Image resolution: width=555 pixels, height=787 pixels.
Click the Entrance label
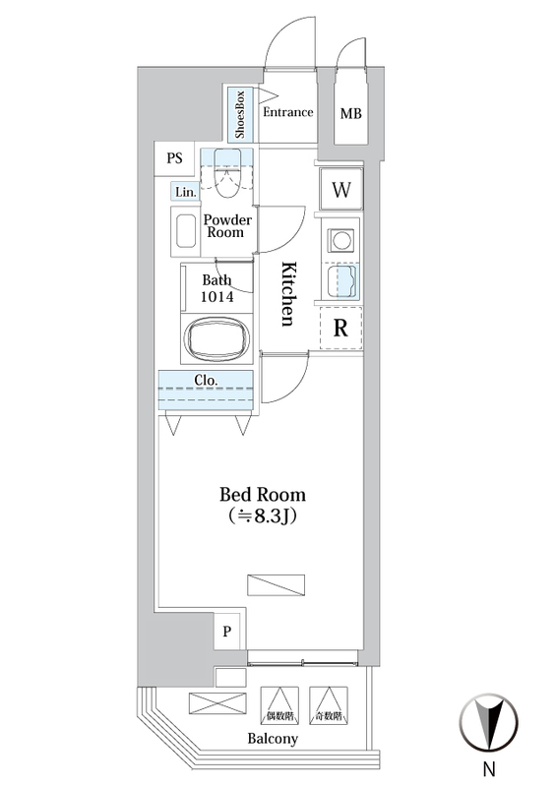tap(287, 112)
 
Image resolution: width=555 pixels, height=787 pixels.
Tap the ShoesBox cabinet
tap(239, 114)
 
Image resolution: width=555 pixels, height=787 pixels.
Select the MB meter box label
tap(350, 114)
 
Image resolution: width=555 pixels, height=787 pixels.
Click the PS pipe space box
tap(174, 158)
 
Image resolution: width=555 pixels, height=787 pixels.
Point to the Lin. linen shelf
tap(185, 192)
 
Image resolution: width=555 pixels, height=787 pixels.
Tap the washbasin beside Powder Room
tap(185, 231)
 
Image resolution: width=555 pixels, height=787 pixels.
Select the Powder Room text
tap(227, 226)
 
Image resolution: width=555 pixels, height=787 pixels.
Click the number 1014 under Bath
tap(216, 297)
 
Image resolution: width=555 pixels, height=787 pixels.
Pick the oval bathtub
tap(216, 337)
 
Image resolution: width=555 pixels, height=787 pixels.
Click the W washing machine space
tap(341, 189)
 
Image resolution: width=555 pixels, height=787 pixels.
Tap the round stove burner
tap(341, 240)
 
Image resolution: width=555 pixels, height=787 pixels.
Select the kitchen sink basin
tap(341, 281)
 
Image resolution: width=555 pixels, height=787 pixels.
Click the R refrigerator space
tap(341, 328)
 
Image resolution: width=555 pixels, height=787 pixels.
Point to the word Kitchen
tap(287, 294)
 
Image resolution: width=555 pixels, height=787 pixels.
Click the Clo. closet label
tap(206, 381)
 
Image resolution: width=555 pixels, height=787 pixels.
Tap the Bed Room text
tap(263, 495)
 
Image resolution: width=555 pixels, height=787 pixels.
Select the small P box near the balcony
tap(227, 631)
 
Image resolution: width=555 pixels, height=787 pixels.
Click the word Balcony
tap(273, 739)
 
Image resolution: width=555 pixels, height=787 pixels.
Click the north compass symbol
tap(489, 723)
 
